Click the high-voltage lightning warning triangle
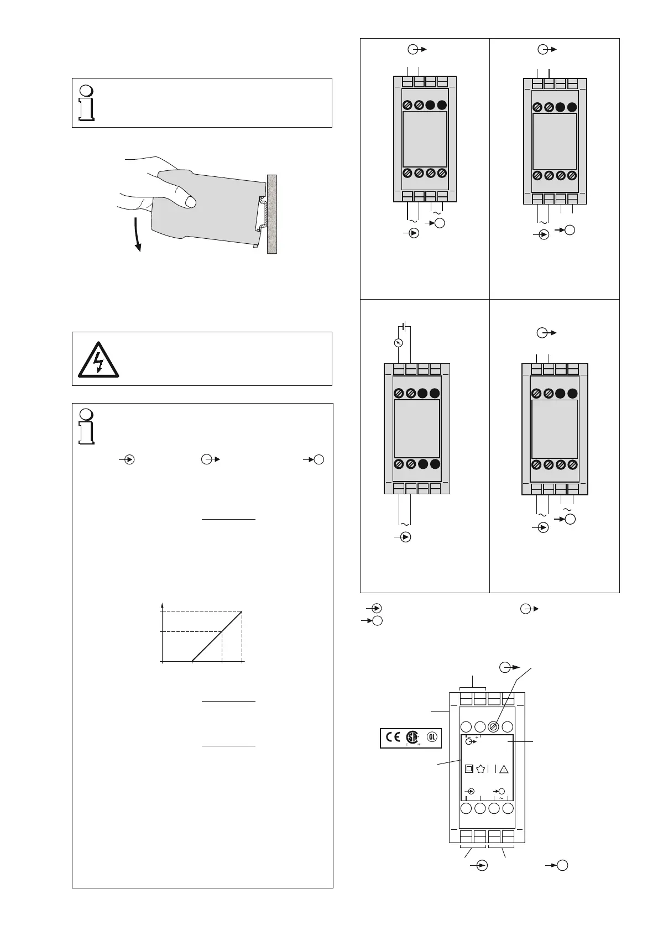(97, 358)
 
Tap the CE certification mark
(393, 738)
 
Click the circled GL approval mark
(432, 737)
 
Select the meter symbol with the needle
(397, 343)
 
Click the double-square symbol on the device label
(469, 768)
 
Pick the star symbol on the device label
(481, 768)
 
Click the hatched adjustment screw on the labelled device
(494, 727)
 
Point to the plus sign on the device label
(477, 737)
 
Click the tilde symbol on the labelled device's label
(501, 798)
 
